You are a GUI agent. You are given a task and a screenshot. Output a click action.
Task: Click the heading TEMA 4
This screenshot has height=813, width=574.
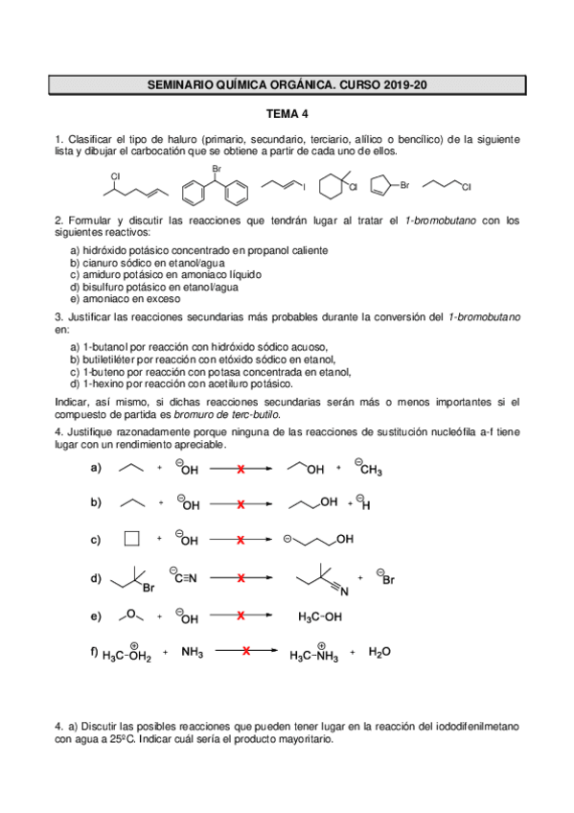(x=287, y=113)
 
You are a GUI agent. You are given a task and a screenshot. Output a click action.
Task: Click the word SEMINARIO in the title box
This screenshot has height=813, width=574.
(x=184, y=85)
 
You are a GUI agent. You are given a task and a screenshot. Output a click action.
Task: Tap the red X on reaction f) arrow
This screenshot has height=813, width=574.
(x=246, y=652)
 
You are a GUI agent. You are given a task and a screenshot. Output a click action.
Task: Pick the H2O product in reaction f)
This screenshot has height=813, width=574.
(x=379, y=652)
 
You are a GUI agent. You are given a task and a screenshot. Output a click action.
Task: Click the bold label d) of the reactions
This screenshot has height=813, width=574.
(x=96, y=578)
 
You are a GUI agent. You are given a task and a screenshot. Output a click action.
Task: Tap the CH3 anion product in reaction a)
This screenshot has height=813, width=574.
(x=369, y=468)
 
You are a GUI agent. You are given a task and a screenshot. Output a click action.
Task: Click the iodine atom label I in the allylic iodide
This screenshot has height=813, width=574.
(x=305, y=183)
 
